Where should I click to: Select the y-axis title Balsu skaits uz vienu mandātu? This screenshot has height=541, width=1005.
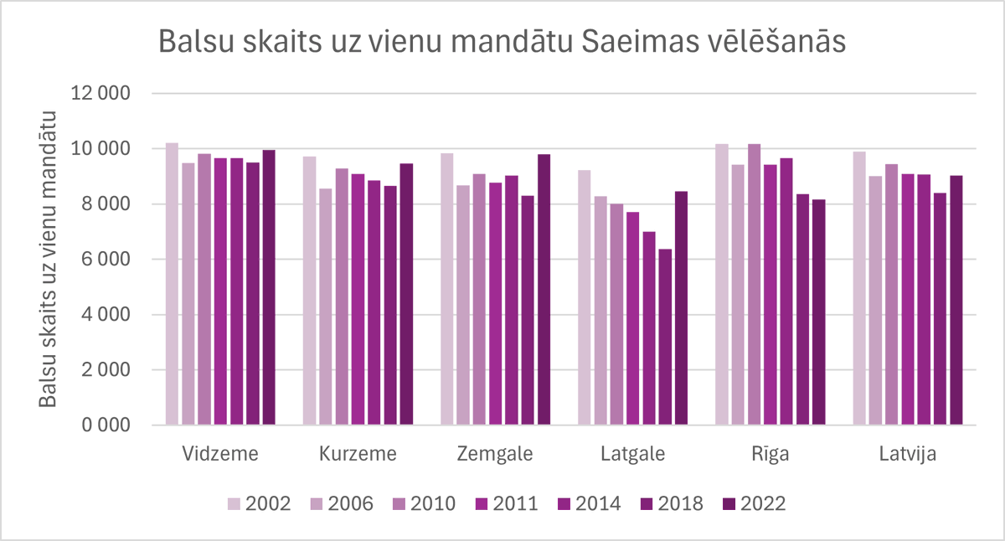point(49,260)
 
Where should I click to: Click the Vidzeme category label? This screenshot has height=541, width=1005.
point(220,455)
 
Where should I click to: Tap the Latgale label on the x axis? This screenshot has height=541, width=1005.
point(632,455)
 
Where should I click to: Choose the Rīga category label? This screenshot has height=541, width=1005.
point(770,455)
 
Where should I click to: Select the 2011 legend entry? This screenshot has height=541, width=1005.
point(508,503)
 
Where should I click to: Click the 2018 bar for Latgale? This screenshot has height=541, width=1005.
point(665,337)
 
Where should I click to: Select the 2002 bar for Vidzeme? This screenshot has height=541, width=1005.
point(172,284)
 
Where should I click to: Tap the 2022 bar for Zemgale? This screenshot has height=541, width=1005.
point(544,290)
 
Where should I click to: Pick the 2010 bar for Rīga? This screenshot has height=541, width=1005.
point(754,285)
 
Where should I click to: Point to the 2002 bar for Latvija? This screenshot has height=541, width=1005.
point(859,288)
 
